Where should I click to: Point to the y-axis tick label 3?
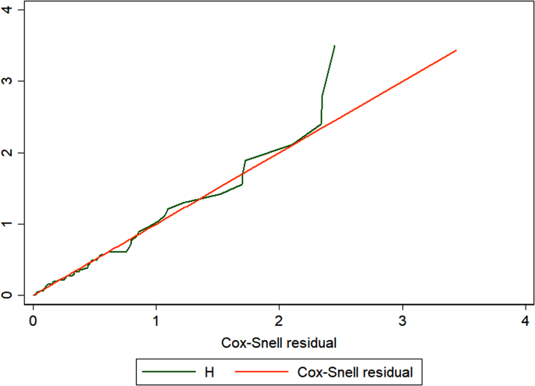(x=8, y=81)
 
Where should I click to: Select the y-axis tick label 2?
(x=8, y=153)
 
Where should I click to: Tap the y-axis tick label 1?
(x=8, y=225)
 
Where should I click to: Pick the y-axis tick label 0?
(x=8, y=296)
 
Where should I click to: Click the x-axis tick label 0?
(x=33, y=320)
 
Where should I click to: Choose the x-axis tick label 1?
(x=156, y=320)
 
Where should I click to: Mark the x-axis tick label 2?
(x=280, y=320)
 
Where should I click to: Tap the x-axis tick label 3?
(x=403, y=320)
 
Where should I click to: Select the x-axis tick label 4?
(x=526, y=320)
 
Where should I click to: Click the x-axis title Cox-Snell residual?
(x=280, y=342)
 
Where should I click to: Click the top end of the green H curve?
(x=334, y=46)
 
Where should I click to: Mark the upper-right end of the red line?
(x=456, y=51)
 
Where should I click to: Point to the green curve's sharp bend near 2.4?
(x=321, y=123)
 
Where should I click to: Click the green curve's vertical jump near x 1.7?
(x=244, y=172)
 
